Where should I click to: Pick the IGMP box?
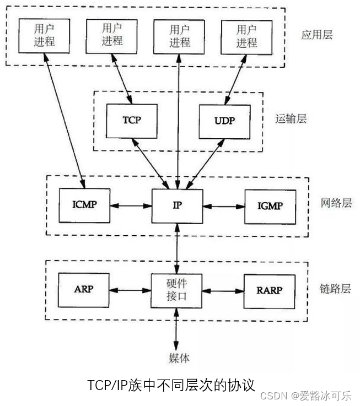point(270,205)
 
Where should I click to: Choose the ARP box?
point(84,289)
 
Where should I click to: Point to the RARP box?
point(270,289)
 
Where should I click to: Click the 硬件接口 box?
point(178,290)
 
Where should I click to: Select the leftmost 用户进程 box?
point(44,35)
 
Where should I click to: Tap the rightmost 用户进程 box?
point(246,35)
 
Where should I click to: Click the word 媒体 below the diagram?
point(179,358)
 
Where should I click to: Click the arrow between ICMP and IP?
point(131,206)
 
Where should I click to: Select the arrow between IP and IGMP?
point(223,206)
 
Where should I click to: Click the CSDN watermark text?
point(274,396)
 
